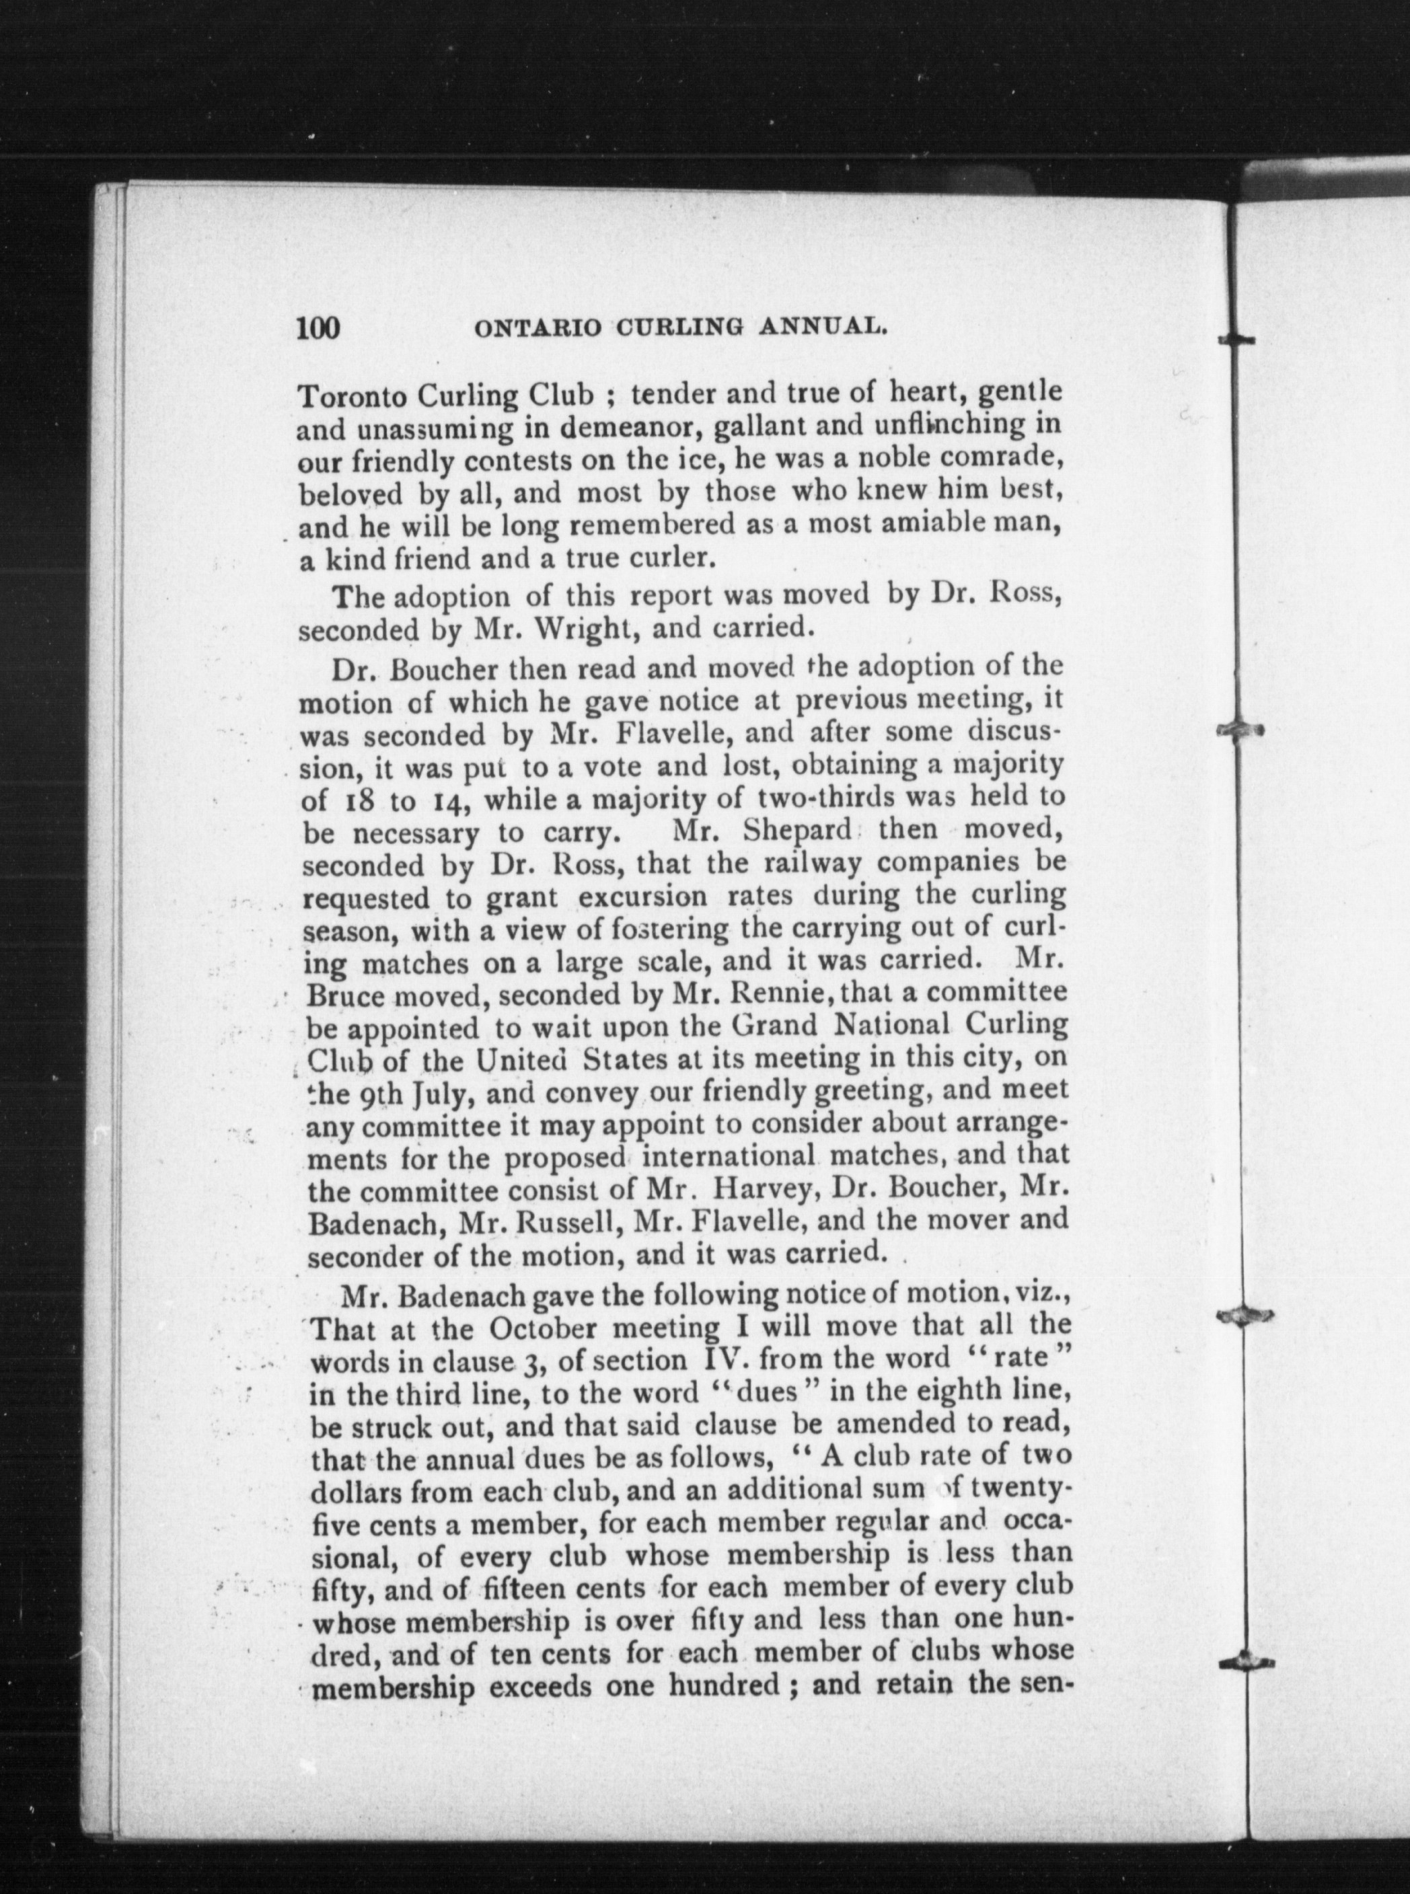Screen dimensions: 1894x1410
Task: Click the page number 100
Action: [x=318, y=328]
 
